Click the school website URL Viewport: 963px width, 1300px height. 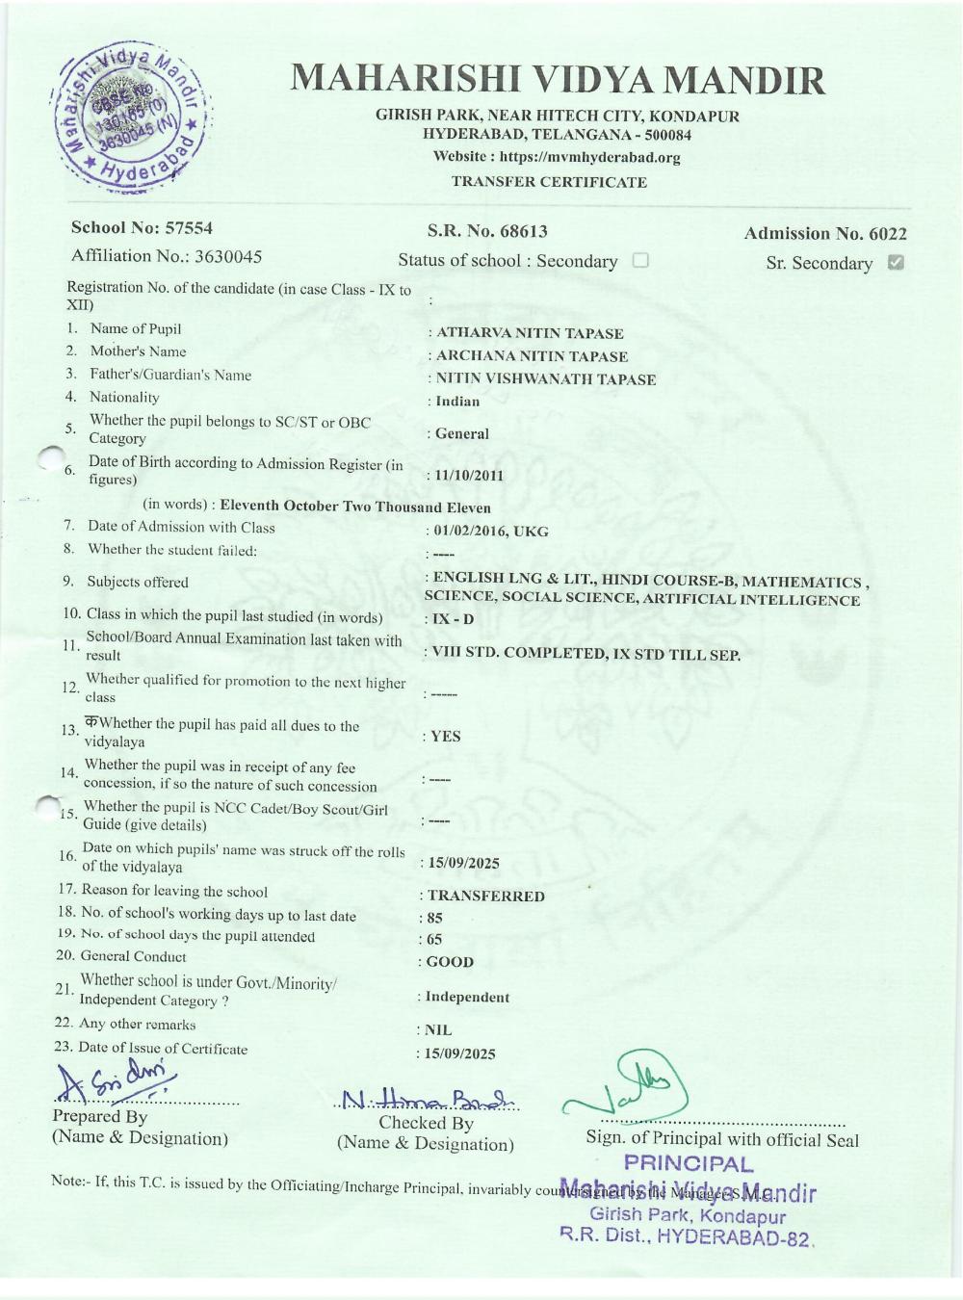557,158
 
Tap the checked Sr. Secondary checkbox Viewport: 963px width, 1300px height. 896,262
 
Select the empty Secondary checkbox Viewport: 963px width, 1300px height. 640,260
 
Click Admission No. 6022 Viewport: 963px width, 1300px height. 825,233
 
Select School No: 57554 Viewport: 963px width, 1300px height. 142,228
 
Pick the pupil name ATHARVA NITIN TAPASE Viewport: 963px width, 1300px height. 530,333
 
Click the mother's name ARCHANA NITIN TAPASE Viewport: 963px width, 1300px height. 532,356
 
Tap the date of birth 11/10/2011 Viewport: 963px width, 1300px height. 469,476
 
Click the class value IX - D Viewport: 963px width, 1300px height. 453,619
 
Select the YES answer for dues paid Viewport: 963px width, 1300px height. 446,737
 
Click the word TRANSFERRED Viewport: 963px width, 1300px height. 486,897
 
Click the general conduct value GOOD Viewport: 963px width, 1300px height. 450,962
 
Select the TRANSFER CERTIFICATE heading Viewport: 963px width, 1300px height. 549,182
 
